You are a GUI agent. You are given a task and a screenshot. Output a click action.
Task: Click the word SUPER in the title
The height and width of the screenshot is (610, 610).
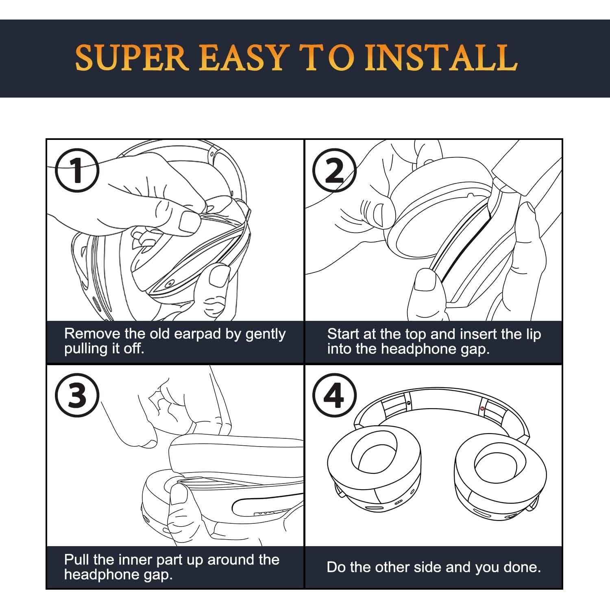[131, 57]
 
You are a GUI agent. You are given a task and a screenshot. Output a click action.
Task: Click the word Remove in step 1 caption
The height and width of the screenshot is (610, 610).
[93, 334]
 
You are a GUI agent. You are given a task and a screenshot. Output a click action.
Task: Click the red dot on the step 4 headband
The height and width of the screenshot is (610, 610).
[482, 408]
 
